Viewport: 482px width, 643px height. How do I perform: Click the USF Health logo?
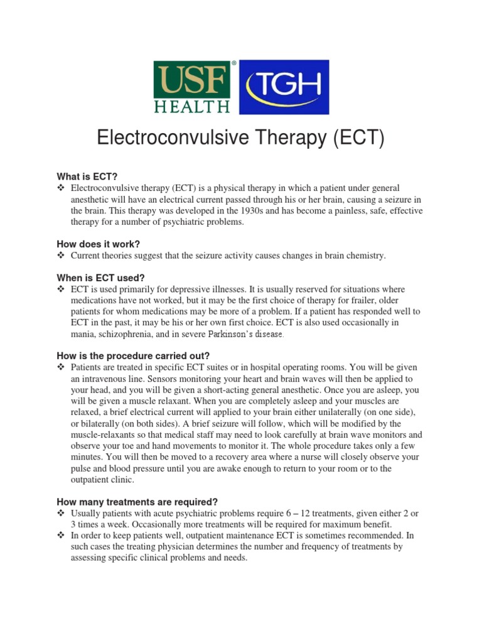click(193, 87)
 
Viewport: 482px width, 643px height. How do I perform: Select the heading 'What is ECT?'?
click(87, 177)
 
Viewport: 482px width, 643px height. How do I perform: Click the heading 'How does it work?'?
click(98, 244)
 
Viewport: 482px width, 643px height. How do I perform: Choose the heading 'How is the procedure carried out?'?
click(132, 355)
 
